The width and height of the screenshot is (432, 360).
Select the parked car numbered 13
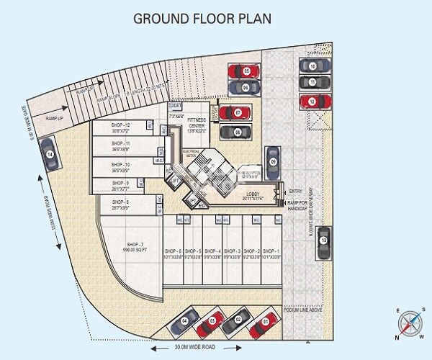pos(324,240)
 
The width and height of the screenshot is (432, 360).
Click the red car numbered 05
pos(245,72)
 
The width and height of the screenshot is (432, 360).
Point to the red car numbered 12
pos(312,102)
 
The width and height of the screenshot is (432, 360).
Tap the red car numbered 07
pos(236,113)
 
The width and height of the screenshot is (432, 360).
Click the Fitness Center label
pos(197,123)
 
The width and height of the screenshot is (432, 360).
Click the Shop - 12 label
pos(120,128)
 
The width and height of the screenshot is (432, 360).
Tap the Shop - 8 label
pos(120,204)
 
